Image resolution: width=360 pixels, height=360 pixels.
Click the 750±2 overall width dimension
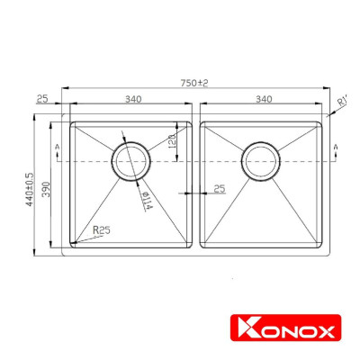click(x=193, y=83)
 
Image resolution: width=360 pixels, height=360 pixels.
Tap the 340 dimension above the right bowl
click(x=264, y=100)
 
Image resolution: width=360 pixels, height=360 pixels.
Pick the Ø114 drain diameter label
click(x=147, y=200)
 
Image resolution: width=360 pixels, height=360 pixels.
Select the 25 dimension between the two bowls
click(x=219, y=189)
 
